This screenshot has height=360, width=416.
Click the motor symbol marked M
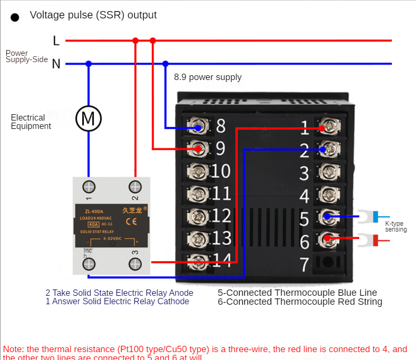coord(88,118)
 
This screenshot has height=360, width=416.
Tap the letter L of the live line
coord(56,41)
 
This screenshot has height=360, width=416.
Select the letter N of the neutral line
coord(56,64)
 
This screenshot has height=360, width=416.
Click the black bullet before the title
coord(15,17)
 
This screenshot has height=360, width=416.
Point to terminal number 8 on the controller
coord(221,126)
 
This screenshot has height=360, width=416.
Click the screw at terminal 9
coord(197,149)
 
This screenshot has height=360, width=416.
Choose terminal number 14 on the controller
coord(222,260)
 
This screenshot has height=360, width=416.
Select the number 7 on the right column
coord(304,263)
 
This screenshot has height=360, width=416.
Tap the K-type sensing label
coord(395,226)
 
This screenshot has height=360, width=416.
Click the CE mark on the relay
coord(131,222)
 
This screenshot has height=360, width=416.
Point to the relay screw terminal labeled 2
coord(135,187)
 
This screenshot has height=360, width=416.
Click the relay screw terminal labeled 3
coord(135,263)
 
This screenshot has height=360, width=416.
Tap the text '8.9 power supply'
coord(207,77)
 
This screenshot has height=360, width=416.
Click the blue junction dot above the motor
coord(88,64)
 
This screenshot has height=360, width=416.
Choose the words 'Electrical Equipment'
coord(31,122)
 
